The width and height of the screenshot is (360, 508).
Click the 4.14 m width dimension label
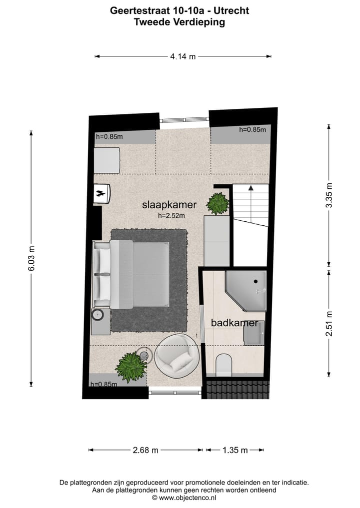click(x=182, y=56)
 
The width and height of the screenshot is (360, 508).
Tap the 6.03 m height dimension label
click(x=31, y=259)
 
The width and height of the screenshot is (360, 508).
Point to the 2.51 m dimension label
click(x=328, y=323)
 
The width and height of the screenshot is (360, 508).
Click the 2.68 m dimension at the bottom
click(x=145, y=450)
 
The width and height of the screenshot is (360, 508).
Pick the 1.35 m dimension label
click(x=235, y=450)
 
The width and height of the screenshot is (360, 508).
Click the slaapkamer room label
click(x=169, y=205)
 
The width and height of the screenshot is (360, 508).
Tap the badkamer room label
click(x=234, y=323)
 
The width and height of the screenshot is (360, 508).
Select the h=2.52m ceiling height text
click(x=171, y=216)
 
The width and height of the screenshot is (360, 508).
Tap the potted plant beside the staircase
click(x=218, y=203)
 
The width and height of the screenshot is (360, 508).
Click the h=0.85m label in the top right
click(x=252, y=130)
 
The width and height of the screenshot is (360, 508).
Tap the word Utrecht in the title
click(x=231, y=10)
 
